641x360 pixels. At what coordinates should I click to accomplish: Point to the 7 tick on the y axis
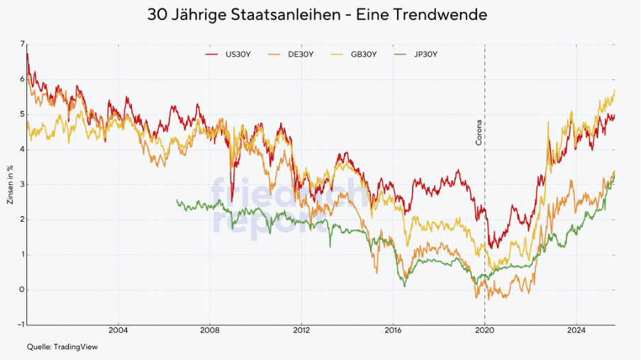pyautogui.click(x=22, y=45)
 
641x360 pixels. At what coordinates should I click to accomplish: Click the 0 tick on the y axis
pyautogui.click(x=22, y=290)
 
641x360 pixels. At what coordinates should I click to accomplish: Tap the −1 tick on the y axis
pyautogui.click(x=21, y=325)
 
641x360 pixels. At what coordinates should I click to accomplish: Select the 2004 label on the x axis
pyautogui.click(x=118, y=330)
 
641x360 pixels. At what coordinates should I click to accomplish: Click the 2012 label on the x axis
pyautogui.click(x=301, y=330)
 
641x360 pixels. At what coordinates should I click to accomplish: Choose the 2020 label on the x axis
pyautogui.click(x=485, y=330)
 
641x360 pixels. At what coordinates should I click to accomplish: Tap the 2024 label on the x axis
pyautogui.click(x=576, y=330)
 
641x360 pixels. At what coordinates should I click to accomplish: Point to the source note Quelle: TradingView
pyautogui.click(x=62, y=347)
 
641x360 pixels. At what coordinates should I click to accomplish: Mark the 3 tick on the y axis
pyautogui.click(x=22, y=184)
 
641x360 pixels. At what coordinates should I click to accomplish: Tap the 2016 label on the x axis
pyautogui.click(x=393, y=330)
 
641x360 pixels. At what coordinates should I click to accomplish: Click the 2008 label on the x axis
pyautogui.click(x=209, y=330)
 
